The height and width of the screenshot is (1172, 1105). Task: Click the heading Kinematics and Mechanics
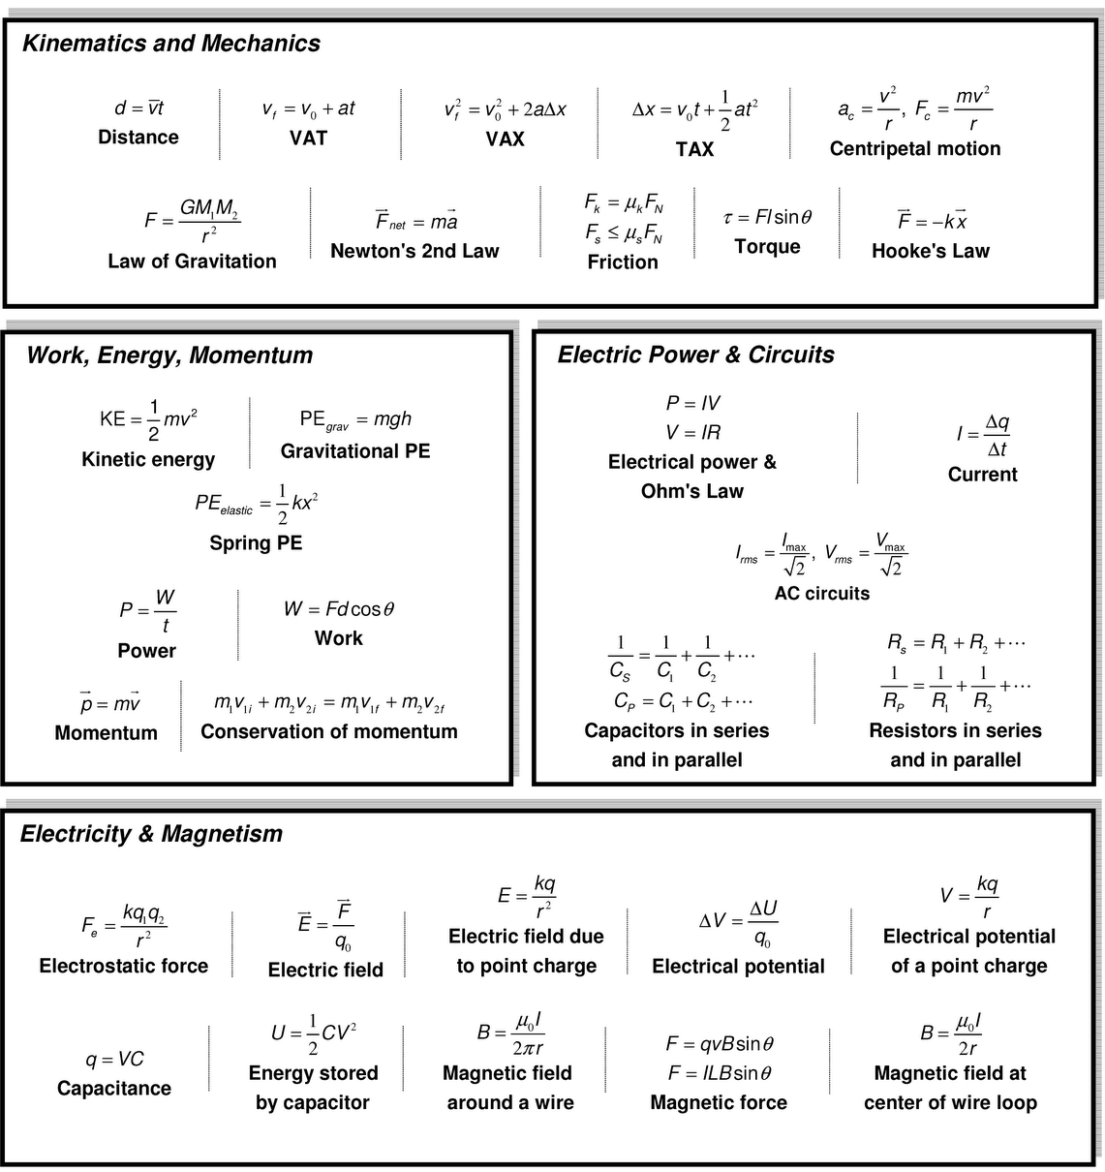click(171, 44)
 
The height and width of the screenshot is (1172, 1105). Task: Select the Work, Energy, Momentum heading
click(169, 355)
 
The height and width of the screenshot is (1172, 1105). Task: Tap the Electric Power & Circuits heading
click(695, 355)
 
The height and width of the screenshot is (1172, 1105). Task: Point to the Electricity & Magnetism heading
click(151, 834)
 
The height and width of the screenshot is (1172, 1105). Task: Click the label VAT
click(308, 138)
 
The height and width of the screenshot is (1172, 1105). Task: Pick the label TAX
click(694, 149)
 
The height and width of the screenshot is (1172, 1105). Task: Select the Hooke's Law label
click(930, 251)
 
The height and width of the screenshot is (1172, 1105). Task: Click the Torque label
click(767, 246)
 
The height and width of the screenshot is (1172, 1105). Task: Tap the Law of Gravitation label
click(192, 261)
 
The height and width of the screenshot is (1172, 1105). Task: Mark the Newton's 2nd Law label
click(414, 251)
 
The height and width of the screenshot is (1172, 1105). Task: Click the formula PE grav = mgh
click(355, 419)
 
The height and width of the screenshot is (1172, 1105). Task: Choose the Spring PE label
click(256, 542)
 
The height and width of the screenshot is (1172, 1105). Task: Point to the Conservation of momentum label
click(328, 731)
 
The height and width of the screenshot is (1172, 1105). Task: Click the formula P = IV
click(692, 403)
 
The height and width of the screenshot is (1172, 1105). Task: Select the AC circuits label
click(821, 593)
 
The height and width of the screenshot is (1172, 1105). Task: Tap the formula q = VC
click(114, 1059)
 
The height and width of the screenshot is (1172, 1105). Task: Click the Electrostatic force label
click(123, 966)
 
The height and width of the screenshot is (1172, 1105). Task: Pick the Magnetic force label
click(719, 1102)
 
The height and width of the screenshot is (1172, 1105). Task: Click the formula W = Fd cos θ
click(338, 609)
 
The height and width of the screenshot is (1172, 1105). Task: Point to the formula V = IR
click(692, 432)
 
